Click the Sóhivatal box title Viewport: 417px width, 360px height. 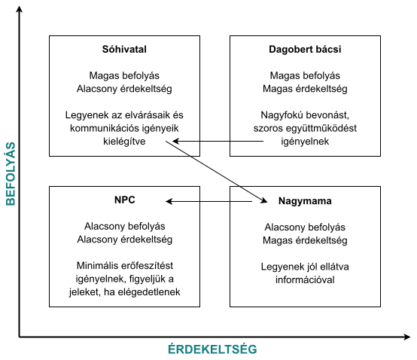(124, 50)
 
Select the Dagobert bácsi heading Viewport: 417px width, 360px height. (305, 50)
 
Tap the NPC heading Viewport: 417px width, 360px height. (124, 200)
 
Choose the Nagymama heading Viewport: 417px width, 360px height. (305, 201)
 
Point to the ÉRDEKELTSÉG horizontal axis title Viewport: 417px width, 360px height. (212, 349)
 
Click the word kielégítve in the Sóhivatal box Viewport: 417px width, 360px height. (124, 140)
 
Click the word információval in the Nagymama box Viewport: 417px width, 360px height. (305, 281)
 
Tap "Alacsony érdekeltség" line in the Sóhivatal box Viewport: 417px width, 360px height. (124, 89)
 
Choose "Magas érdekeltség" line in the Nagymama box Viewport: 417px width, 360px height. (305, 240)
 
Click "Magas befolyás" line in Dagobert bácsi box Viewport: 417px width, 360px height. (305, 75)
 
